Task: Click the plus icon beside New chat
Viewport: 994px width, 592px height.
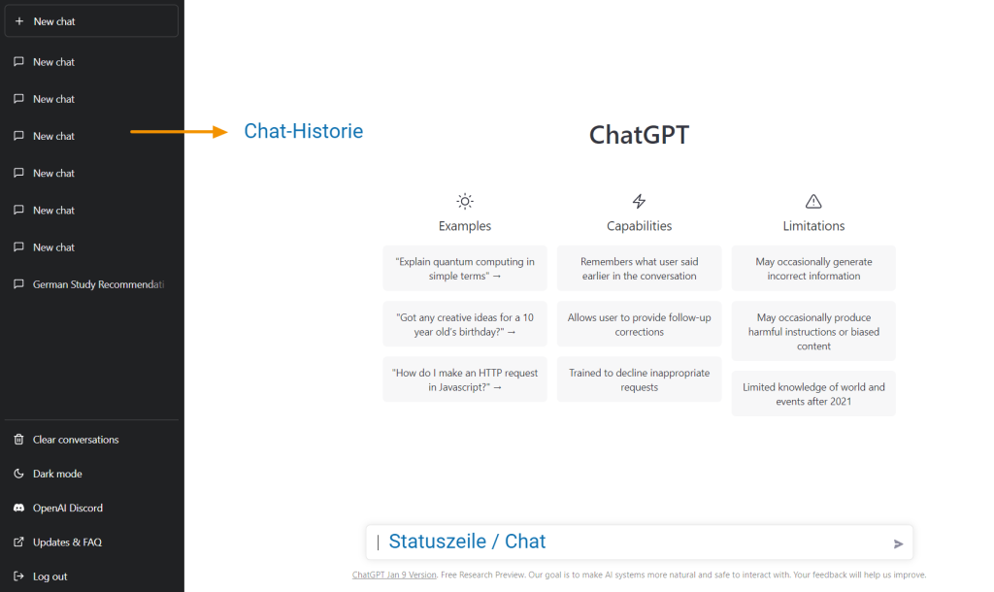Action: (19, 21)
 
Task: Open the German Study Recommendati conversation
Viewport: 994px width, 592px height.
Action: (98, 284)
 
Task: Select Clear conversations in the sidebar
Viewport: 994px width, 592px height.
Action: (76, 440)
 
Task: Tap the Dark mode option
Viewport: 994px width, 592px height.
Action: (57, 474)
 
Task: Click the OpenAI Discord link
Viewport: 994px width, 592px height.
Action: (68, 508)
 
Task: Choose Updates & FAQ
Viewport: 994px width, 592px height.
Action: (67, 542)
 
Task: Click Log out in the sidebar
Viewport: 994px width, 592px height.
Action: (50, 576)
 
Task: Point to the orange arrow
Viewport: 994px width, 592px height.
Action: (179, 132)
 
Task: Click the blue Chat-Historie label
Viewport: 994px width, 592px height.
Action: (304, 131)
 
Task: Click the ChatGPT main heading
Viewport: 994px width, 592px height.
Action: (639, 135)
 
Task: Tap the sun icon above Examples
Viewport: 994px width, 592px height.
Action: (465, 202)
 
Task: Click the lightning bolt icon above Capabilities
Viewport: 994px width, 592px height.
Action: (639, 202)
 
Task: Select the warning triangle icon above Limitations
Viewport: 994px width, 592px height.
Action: (813, 202)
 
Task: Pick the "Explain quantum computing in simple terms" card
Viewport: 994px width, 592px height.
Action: (465, 268)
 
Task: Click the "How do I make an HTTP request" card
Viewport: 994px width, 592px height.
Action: (465, 379)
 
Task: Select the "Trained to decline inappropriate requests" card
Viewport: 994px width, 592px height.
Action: (639, 379)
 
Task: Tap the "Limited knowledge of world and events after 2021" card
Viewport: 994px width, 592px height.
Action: (813, 394)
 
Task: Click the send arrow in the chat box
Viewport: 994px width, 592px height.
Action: (898, 543)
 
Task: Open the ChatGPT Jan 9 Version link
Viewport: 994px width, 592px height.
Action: (394, 575)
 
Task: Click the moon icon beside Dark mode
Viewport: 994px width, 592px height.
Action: (19, 474)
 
